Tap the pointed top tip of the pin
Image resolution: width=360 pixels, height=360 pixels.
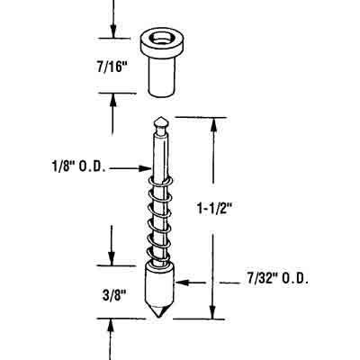pyautogui.click(x=159, y=121)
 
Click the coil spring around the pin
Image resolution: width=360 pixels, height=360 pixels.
pyautogui.click(x=159, y=225)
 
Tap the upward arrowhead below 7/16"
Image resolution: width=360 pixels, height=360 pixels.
pyautogui.click(x=112, y=98)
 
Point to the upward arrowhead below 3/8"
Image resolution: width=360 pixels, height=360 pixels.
pyautogui.click(x=112, y=324)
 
